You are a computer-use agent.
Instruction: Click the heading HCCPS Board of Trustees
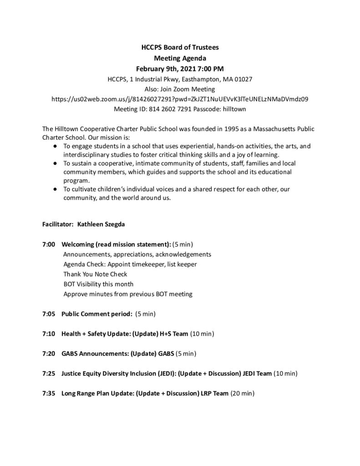tap(180, 47)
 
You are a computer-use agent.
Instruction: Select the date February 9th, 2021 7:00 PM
tap(180, 69)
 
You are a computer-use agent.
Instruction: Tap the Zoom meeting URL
tap(180, 99)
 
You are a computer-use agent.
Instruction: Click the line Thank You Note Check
tap(95, 274)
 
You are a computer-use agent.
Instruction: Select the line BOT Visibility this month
tap(98, 284)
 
